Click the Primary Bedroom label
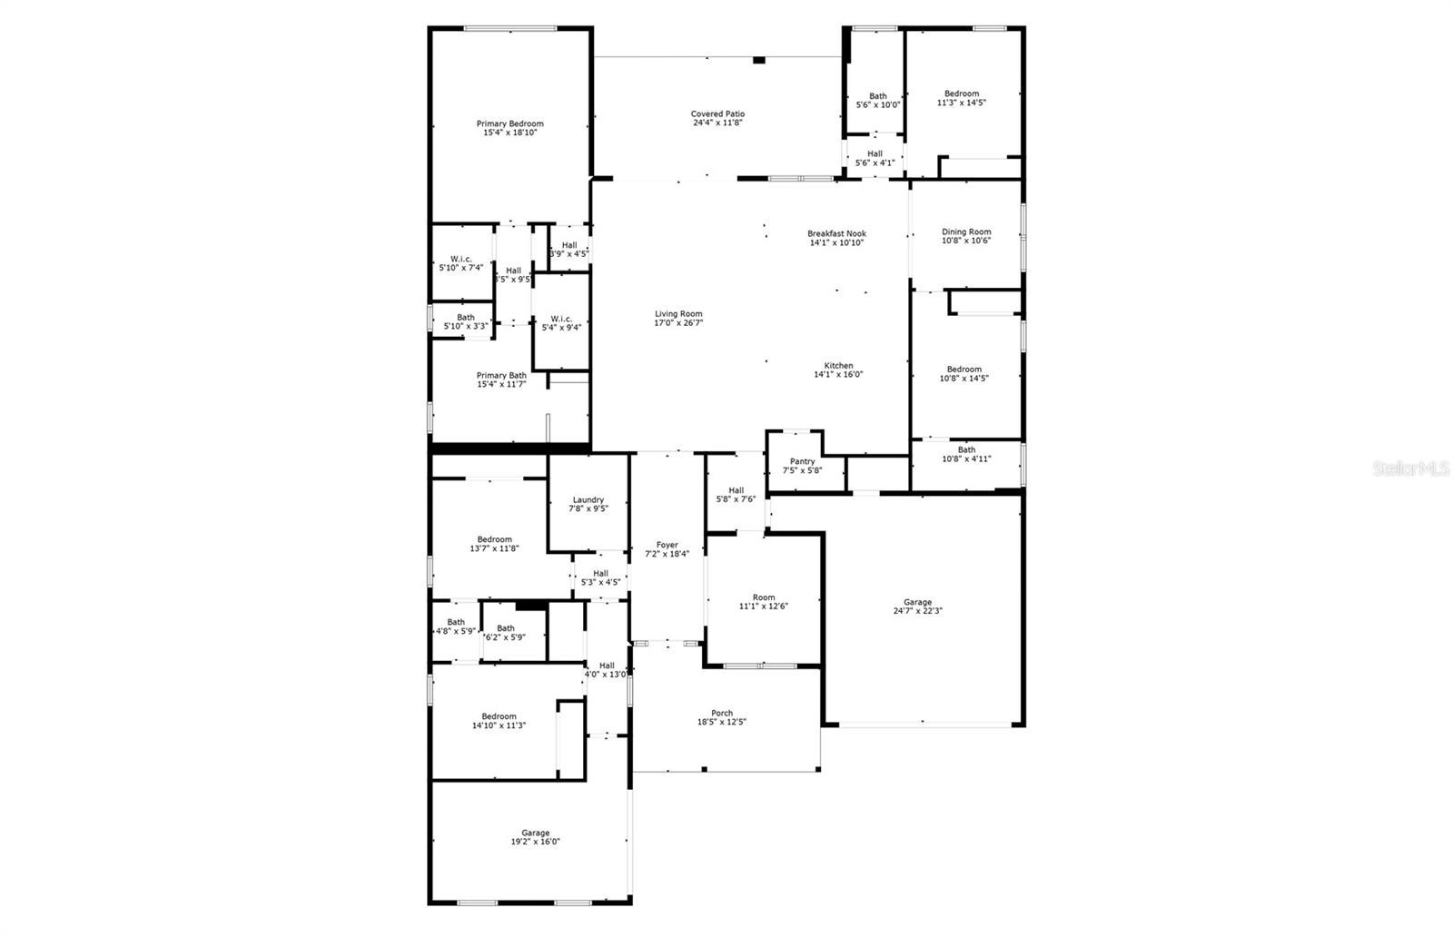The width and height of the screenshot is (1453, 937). (x=510, y=123)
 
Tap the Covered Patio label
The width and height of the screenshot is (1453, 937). (x=717, y=113)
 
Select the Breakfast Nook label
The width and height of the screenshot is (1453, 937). (x=836, y=233)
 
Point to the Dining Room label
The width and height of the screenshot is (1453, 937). (x=966, y=232)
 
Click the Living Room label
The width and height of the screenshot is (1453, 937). (x=678, y=314)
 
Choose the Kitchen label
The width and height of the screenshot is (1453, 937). (x=838, y=366)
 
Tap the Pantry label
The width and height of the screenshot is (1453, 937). (x=802, y=461)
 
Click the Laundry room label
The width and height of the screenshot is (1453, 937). (x=588, y=499)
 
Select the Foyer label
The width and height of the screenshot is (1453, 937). (x=667, y=545)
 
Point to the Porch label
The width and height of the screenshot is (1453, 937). (x=722, y=713)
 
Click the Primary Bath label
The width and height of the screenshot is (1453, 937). (x=501, y=375)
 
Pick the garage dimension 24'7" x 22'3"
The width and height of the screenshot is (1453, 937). (x=917, y=611)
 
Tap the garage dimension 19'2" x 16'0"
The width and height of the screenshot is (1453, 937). (x=535, y=842)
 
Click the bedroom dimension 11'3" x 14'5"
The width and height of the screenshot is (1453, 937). (x=962, y=103)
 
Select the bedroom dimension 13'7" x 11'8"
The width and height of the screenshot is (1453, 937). (x=495, y=548)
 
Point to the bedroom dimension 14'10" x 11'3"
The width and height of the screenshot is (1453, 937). (x=499, y=725)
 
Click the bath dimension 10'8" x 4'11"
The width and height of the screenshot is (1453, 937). (x=966, y=459)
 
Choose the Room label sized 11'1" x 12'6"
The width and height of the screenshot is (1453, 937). (x=764, y=597)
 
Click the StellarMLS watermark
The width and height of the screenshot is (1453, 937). (x=1410, y=468)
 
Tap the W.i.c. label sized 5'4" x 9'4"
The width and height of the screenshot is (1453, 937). (x=561, y=319)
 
